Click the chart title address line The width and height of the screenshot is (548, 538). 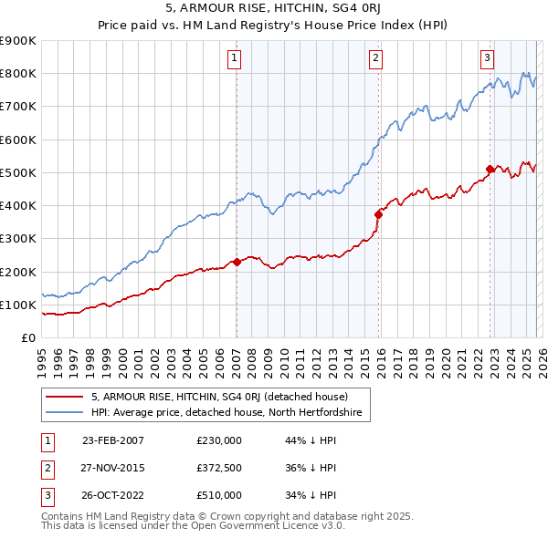point(274,10)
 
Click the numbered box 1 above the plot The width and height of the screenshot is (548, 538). point(235,57)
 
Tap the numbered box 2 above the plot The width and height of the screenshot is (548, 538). point(375,57)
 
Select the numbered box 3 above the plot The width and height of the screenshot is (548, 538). point(488,57)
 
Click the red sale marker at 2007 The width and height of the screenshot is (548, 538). point(237,262)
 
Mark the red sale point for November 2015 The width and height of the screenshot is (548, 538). point(378,214)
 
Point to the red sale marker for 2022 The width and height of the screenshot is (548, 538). point(490,169)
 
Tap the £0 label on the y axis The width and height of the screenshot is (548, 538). point(26,337)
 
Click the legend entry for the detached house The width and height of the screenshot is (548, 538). point(219,397)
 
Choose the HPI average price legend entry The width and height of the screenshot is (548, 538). point(227,413)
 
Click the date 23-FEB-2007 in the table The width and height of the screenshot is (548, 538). point(112,440)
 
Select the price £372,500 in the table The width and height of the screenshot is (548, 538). point(218,468)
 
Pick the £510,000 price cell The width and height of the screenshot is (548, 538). point(218,495)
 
